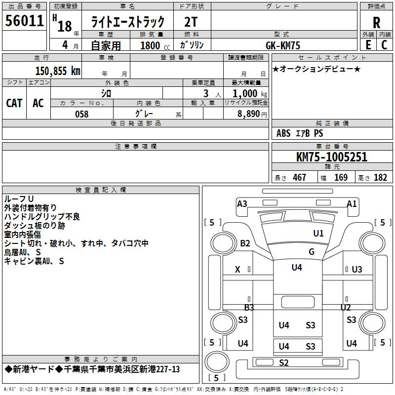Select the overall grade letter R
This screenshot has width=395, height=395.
click(x=376, y=22)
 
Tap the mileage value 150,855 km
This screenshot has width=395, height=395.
click(x=58, y=71)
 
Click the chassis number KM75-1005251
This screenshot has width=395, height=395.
click(x=331, y=157)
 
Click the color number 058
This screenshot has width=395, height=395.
click(x=82, y=114)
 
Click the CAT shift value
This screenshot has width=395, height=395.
click(x=14, y=103)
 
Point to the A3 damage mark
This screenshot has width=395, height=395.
click(x=242, y=203)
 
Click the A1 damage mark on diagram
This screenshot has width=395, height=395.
click(x=352, y=203)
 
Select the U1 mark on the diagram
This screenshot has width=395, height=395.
click(x=318, y=233)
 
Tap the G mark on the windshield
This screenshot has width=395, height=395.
click(x=312, y=251)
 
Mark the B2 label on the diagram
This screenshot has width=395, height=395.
click(x=245, y=243)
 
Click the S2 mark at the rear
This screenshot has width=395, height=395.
click(x=283, y=363)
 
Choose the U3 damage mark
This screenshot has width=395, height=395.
click(x=356, y=269)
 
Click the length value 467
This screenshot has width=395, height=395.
click(x=299, y=178)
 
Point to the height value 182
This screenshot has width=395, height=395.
click(x=380, y=178)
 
